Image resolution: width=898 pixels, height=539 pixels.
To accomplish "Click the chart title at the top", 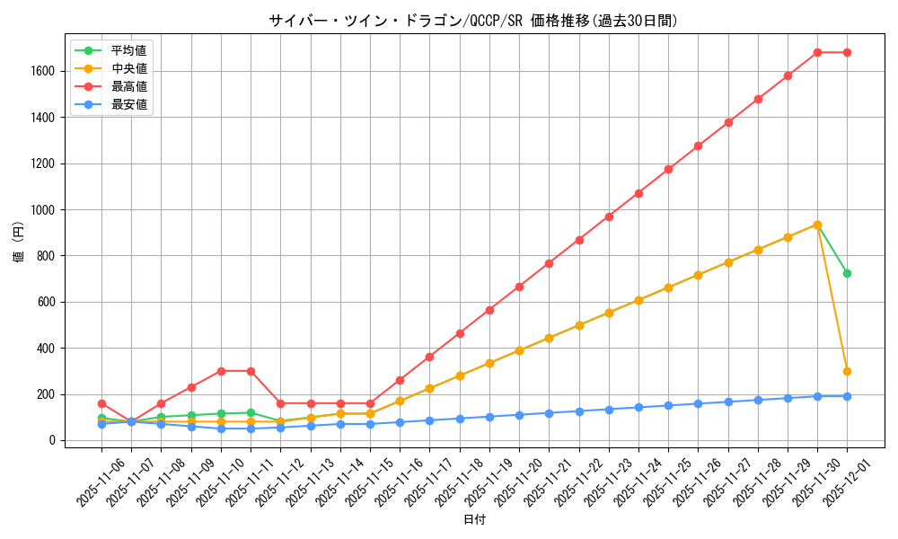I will pos(473,21).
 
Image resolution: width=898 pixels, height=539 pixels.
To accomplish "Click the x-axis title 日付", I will pos(474,520).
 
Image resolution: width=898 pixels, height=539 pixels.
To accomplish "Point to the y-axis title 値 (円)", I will pos(19,243).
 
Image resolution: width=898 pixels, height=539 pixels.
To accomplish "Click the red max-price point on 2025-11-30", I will pos(817,52).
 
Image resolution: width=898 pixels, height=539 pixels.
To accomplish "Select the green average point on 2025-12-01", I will pos(847,273).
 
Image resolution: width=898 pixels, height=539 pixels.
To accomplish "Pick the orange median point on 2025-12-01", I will pos(847,371).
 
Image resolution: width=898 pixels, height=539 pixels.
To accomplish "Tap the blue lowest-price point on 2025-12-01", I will pos(847,396).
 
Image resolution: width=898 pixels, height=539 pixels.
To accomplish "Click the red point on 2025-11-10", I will pos(221,371).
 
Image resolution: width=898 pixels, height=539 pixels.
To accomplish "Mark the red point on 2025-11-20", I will pos(519,287).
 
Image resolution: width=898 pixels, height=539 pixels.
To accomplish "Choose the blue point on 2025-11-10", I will pos(221,429).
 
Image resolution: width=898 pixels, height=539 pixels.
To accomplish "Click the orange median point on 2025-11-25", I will pos(668,287).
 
